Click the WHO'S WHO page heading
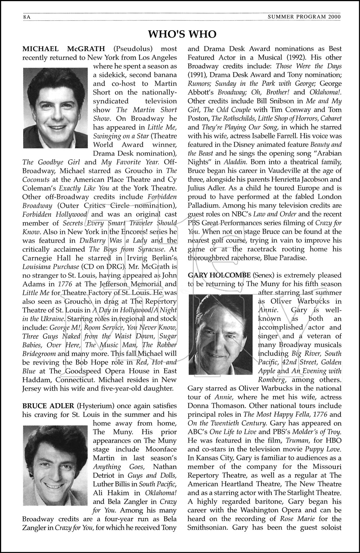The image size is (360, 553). point(182,35)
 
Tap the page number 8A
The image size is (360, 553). point(26,17)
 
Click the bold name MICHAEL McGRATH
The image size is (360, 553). point(63,49)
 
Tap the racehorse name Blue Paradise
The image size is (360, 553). point(284,258)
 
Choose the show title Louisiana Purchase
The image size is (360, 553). point(50,267)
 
